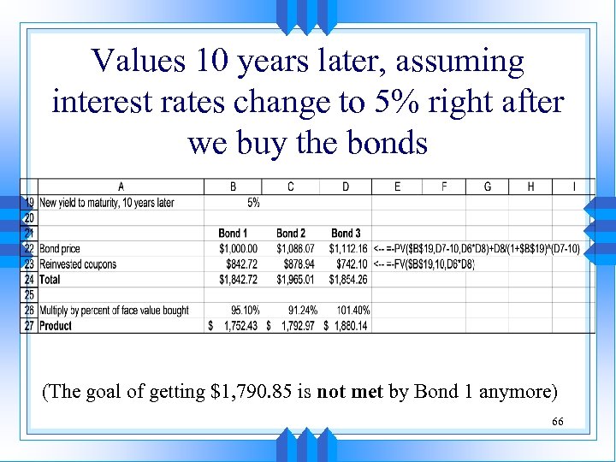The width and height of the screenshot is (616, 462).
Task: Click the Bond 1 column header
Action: click(233, 233)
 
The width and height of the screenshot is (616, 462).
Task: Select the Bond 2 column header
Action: click(291, 233)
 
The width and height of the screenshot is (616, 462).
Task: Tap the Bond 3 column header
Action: click(346, 233)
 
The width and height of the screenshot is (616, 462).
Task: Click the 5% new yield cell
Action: click(253, 203)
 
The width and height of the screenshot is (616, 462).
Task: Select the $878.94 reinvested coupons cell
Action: click(298, 264)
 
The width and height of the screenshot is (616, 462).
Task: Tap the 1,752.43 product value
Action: click(237, 326)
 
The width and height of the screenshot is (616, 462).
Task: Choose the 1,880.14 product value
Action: click(349, 326)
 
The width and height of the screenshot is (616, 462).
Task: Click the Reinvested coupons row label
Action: click(78, 264)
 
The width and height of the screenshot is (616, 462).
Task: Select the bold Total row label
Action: click(50, 280)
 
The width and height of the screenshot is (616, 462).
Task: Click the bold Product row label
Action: click(56, 326)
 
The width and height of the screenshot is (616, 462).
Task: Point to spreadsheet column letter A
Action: click(121, 187)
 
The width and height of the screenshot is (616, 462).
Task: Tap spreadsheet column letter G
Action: click(488, 187)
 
